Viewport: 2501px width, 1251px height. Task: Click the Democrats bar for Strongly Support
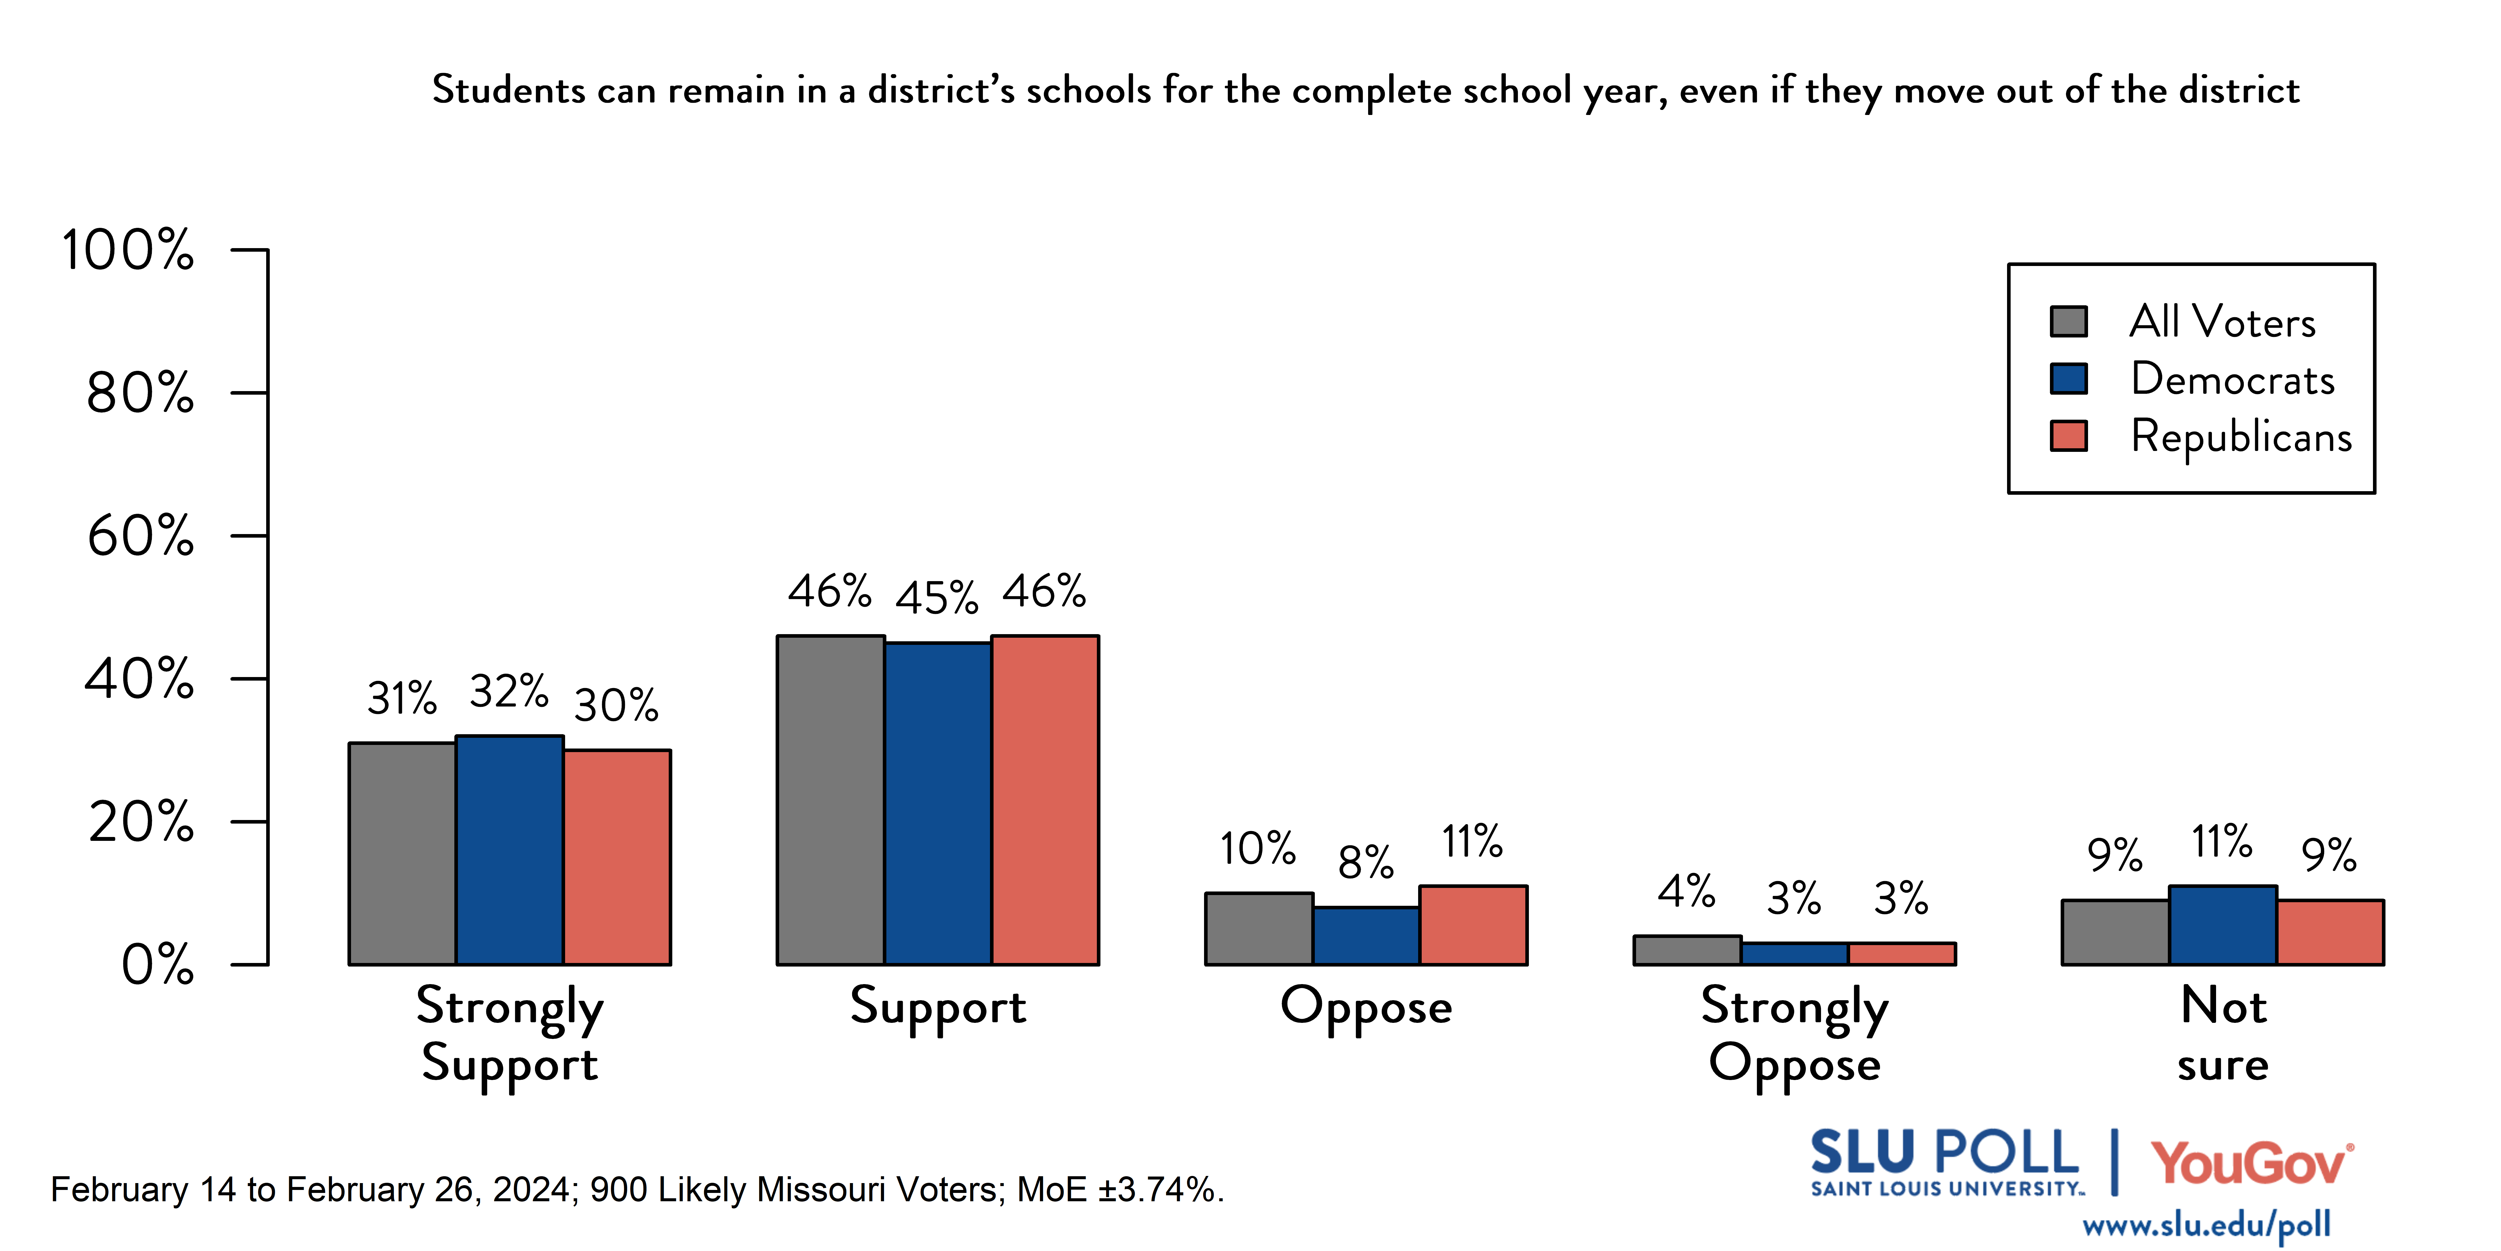tap(510, 850)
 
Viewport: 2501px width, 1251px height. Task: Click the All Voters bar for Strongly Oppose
tap(1686, 950)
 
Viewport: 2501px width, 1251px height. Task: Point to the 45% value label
tap(937, 597)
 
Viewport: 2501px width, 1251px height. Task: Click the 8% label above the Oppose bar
tap(1365, 861)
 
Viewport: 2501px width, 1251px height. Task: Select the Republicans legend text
tap(2241, 436)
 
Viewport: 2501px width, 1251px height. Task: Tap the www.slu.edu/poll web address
tap(2206, 1225)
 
